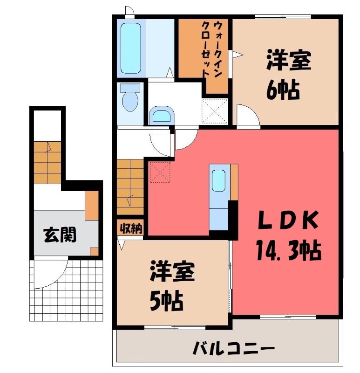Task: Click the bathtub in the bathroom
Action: pyautogui.click(x=131, y=48)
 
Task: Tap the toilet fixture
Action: pyautogui.click(x=130, y=97)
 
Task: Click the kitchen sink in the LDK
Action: pyautogui.click(x=218, y=180)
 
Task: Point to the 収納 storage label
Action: pyautogui.click(x=131, y=228)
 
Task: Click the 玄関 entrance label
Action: pyautogui.click(x=61, y=235)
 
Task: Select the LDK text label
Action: pyautogui.click(x=288, y=220)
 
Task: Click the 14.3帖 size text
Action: pyautogui.click(x=288, y=250)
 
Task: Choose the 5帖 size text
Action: pyautogui.click(x=166, y=301)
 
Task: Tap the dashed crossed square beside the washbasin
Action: pyautogui.click(x=215, y=111)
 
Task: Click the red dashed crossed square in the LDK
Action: pyautogui.click(x=160, y=172)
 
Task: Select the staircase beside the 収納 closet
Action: pyautogui.click(x=130, y=187)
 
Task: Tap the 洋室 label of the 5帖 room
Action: pyautogui.click(x=172, y=271)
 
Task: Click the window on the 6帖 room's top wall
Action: pyautogui.click(x=283, y=17)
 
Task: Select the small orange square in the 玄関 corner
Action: pyautogui.click(x=95, y=252)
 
